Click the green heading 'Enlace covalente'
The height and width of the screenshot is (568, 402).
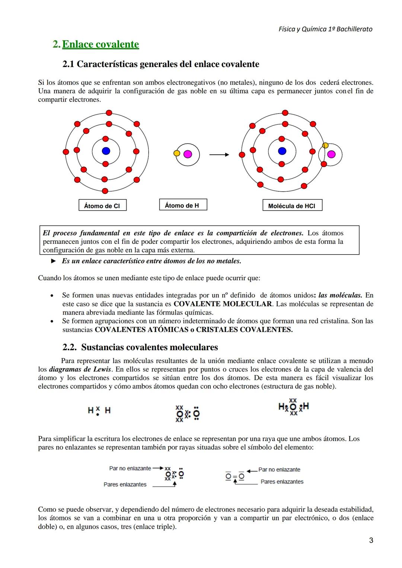100,44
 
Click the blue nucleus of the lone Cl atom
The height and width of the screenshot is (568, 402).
106,151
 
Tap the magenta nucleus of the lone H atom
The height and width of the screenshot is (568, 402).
188,154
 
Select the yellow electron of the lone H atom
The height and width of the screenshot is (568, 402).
176,153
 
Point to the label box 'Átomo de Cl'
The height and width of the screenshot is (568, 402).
102,205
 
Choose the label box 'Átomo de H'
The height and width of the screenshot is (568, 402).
183,205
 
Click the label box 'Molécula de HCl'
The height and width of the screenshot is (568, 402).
292,205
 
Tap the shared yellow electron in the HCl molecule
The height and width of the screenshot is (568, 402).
325,145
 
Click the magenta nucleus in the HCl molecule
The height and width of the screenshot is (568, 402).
331,154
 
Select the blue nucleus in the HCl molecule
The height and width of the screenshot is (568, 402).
282,151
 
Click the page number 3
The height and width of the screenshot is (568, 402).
371,540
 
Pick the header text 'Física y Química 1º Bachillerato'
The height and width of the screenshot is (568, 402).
325,29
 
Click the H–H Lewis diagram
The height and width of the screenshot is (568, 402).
99,411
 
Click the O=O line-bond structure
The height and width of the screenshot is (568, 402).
235,476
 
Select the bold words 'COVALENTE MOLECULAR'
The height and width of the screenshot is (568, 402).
223,304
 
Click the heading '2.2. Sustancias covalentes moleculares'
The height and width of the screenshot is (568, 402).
140,347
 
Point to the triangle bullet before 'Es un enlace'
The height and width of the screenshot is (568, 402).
54,261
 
